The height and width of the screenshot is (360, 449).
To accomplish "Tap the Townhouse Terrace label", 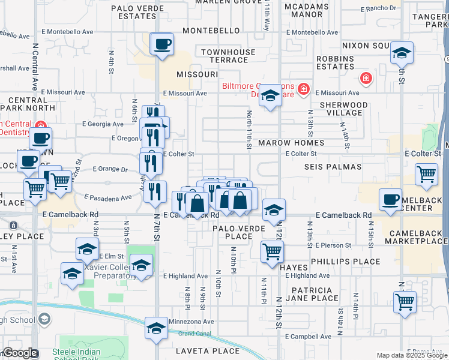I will pyautogui.click(x=228, y=56).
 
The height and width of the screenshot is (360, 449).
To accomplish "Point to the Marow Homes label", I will pyautogui.click(x=291, y=143).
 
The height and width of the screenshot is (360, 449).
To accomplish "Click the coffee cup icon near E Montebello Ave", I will pyautogui.click(x=162, y=44).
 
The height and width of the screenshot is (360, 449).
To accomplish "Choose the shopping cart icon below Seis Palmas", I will pyautogui.click(x=426, y=175).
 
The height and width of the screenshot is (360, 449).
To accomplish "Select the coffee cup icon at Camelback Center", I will pyautogui.click(x=390, y=199).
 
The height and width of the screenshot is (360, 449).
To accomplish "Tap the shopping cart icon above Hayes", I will pyautogui.click(x=272, y=251).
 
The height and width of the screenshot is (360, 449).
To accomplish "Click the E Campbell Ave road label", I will pyautogui.click(x=308, y=337).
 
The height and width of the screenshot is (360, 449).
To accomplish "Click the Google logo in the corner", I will pyautogui.click(x=20, y=353).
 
